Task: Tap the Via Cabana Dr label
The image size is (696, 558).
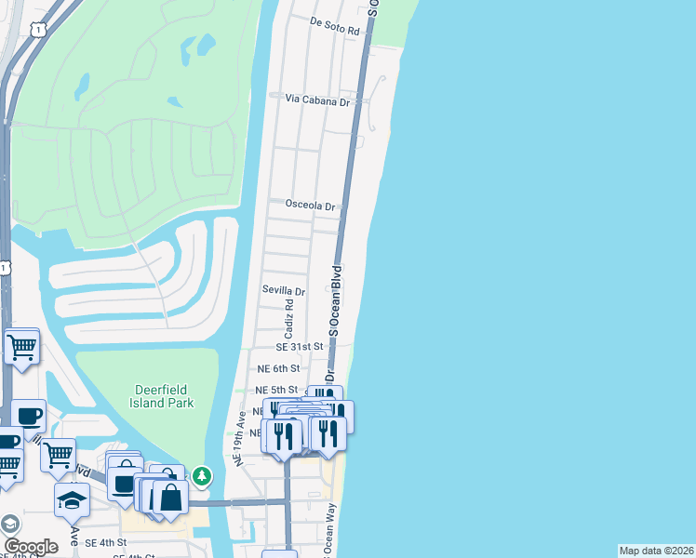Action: pos(317,99)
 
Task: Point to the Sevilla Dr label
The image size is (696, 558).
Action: pos(284,291)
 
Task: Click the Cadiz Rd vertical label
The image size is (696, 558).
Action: pos(289,318)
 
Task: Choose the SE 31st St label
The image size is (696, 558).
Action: pos(299,346)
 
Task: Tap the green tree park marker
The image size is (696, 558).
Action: pos(202,476)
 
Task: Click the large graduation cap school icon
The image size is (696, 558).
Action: pos(72,499)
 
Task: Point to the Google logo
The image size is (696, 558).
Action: pos(32,547)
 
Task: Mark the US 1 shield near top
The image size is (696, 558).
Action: pos(36,31)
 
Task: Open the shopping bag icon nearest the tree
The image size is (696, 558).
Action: pos(171,497)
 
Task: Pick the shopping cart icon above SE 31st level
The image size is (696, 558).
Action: pos(22,347)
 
